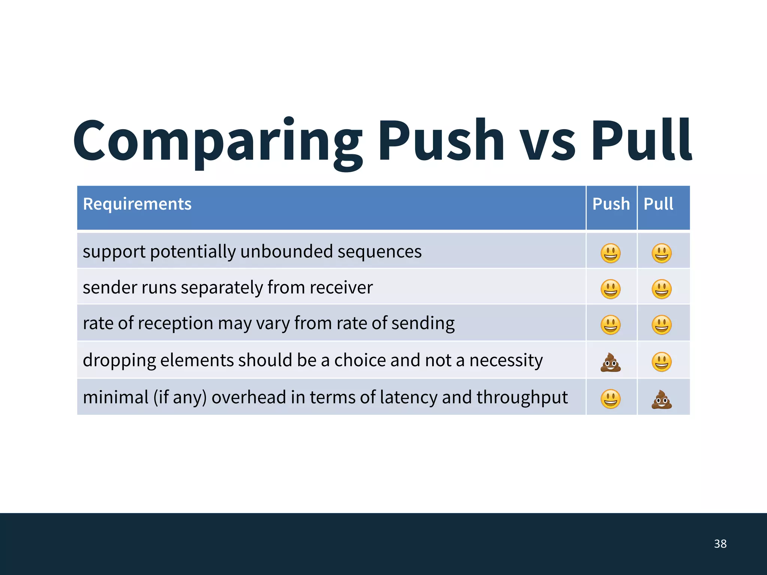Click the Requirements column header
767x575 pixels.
tap(137, 204)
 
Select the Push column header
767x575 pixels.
tap(611, 204)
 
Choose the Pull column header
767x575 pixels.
tap(658, 204)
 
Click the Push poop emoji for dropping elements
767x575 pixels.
tap(610, 362)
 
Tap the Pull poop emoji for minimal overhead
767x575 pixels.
tap(662, 399)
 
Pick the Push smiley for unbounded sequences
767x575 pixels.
tap(610, 253)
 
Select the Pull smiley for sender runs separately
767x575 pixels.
tap(662, 289)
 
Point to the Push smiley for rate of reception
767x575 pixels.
tap(610, 325)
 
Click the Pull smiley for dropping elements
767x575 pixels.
tap(662, 362)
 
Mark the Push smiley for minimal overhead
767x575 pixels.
tap(610, 399)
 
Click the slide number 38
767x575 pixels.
tap(720, 544)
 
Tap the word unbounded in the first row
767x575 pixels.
tap(286, 251)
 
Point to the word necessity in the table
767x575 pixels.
tap(506, 361)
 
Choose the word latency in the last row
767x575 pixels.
tap(408, 398)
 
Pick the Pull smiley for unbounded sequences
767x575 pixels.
tap(662, 253)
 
